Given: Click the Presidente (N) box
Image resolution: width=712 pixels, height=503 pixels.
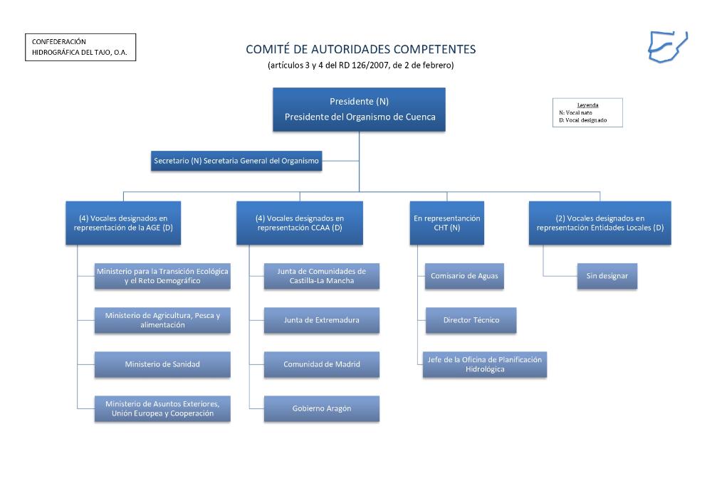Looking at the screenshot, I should (359, 110).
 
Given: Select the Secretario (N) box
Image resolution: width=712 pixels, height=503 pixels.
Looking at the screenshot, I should (236, 162).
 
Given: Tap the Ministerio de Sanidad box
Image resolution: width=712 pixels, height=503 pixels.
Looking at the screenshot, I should (162, 364).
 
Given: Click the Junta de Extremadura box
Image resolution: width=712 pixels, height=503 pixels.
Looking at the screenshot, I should (321, 320).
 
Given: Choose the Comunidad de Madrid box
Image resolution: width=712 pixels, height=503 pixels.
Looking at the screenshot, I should (321, 364).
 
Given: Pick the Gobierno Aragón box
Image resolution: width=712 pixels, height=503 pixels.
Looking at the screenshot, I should (321, 408).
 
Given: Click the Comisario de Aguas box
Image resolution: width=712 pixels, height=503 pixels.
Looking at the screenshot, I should (464, 276).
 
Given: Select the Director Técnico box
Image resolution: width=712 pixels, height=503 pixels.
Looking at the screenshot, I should (471, 320).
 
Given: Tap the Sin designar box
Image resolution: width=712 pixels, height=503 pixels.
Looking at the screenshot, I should (607, 276).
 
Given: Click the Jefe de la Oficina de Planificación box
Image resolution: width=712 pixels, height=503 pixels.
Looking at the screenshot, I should (484, 364).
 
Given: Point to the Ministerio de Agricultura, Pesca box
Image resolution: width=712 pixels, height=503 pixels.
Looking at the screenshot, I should (162, 320).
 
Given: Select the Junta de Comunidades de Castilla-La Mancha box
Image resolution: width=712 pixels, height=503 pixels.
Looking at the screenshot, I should (321, 276).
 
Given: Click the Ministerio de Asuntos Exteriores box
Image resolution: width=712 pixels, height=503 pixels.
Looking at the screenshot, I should (162, 408).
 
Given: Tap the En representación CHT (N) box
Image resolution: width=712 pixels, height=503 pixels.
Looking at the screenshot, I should (446, 223).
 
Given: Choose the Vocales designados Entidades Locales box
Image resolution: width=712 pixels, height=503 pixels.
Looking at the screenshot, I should (600, 223).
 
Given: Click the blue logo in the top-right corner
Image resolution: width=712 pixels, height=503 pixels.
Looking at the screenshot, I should (667, 46).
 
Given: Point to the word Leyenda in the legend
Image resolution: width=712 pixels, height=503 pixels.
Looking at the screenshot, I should (587, 105).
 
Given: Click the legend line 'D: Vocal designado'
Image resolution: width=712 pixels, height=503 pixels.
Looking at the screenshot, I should (583, 120).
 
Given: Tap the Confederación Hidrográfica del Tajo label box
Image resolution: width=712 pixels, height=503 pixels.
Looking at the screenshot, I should (80, 47).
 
